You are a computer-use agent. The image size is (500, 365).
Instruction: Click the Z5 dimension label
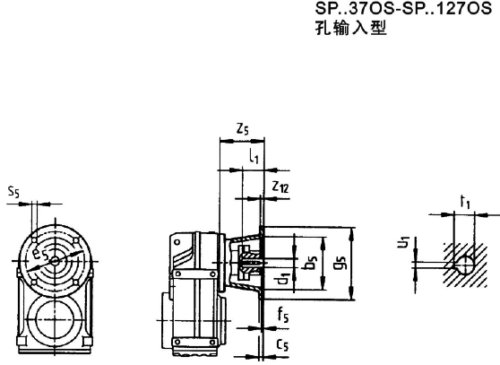[242, 129]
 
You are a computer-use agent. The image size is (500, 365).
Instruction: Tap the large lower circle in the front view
[55, 319]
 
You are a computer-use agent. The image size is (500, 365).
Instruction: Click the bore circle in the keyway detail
[465, 263]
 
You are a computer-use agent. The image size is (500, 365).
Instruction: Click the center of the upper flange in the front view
[55, 261]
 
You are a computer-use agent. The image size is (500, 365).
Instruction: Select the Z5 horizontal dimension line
[240, 141]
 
